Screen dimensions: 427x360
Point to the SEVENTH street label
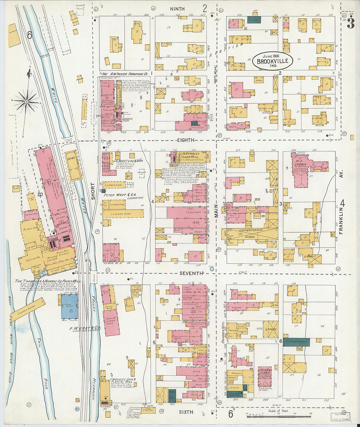191,273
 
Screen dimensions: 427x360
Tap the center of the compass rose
27,101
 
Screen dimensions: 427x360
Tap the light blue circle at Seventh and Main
213,269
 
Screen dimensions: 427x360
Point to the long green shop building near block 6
296,340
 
